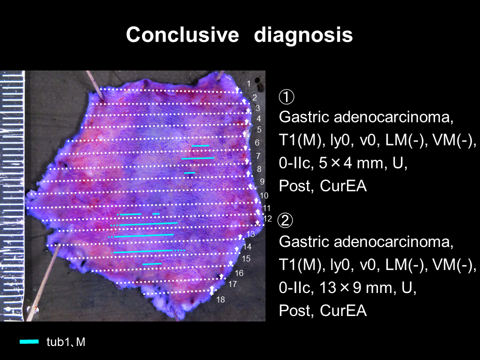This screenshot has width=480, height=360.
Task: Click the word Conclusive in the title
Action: click(x=182, y=34)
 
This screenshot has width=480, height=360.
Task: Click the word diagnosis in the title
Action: click(x=303, y=35)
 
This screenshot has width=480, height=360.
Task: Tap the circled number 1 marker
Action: click(x=286, y=96)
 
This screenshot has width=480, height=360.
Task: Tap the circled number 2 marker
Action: click(x=285, y=220)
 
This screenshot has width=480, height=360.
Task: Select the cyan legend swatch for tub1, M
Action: click(x=29, y=341)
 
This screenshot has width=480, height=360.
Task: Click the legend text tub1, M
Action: click(x=66, y=342)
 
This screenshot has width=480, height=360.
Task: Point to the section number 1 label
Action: click(x=248, y=83)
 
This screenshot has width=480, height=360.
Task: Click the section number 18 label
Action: click(x=220, y=299)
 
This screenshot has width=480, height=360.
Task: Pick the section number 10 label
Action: click(x=264, y=195)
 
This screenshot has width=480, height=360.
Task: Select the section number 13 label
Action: click(x=250, y=234)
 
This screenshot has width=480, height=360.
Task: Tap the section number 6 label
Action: click(x=257, y=142)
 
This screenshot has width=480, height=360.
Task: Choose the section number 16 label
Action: click(x=239, y=273)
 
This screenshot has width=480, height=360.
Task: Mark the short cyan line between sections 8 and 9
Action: click(x=189, y=173)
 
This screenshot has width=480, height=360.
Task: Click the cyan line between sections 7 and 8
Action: click(x=198, y=158)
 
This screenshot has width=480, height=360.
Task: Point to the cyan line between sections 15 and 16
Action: click(x=152, y=264)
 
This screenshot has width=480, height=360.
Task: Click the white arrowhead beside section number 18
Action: click(x=211, y=291)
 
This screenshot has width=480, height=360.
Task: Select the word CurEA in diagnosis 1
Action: click(x=343, y=186)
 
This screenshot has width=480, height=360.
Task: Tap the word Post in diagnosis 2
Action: click(x=296, y=310)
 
